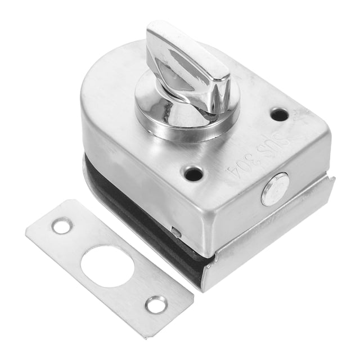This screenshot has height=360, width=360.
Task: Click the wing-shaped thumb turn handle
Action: (x=188, y=69)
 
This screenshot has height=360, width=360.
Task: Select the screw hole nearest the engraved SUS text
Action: (x=280, y=115)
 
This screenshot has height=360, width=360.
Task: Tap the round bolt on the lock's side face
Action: (x=275, y=189)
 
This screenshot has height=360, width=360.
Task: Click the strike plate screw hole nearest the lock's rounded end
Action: (x=62, y=226)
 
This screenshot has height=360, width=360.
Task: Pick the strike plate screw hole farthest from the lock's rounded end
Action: (x=156, y=304)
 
